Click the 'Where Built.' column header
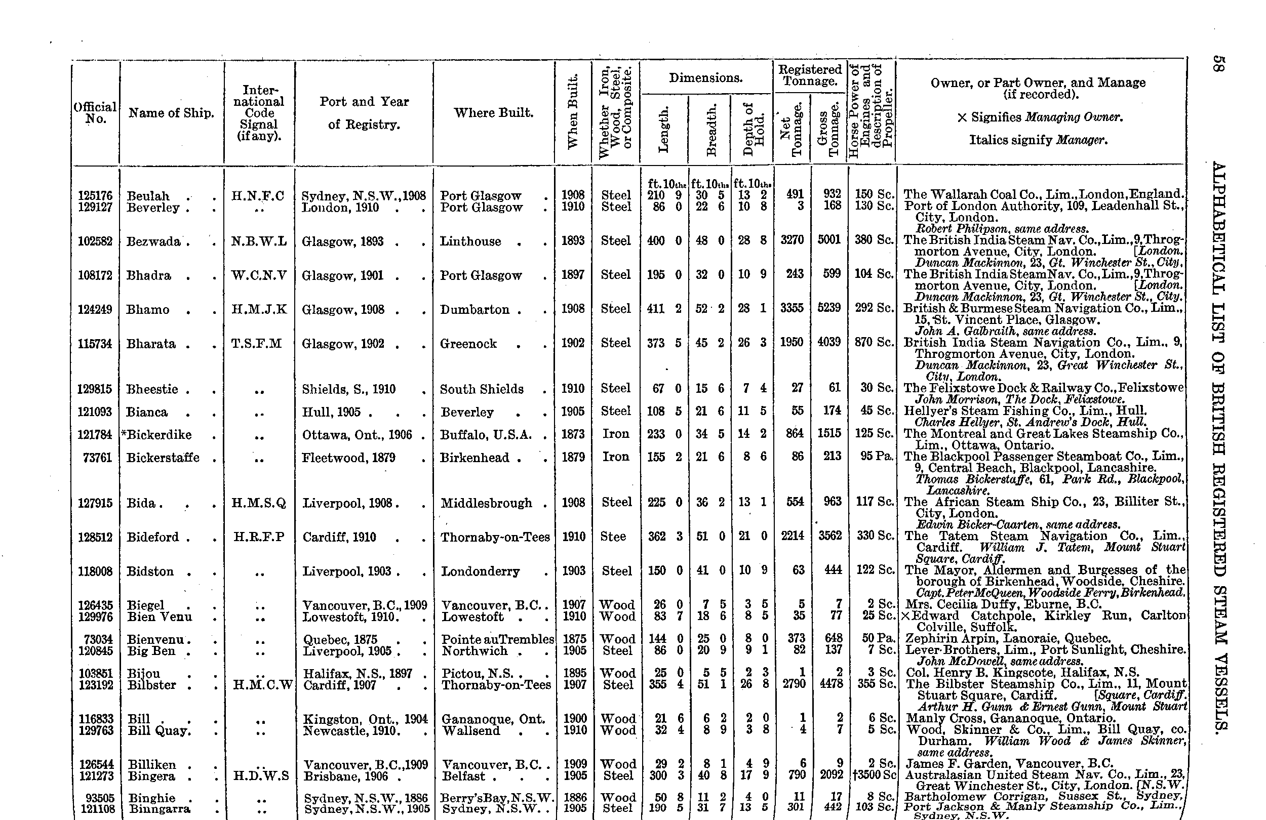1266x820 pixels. [x=493, y=113]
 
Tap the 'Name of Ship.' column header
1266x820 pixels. [x=171, y=113]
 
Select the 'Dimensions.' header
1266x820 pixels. [x=705, y=78]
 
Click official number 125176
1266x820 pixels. [x=95, y=196]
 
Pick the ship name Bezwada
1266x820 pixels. [x=153, y=241]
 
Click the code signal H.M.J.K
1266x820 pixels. [x=259, y=309]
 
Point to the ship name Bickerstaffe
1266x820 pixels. [x=163, y=458]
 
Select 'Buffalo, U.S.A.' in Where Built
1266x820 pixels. [x=486, y=434]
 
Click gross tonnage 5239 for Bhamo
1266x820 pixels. [x=829, y=308]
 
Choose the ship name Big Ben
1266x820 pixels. [x=151, y=650]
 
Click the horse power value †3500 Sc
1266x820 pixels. [x=874, y=775]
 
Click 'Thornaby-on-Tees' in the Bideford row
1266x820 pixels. [x=495, y=537]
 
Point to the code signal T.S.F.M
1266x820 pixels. [x=257, y=344]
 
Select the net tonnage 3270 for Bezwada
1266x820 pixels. [x=792, y=240]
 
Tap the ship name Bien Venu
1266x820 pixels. [x=160, y=617]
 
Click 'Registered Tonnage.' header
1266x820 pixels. [x=810, y=75]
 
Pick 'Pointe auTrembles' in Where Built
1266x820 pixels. [x=497, y=639]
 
